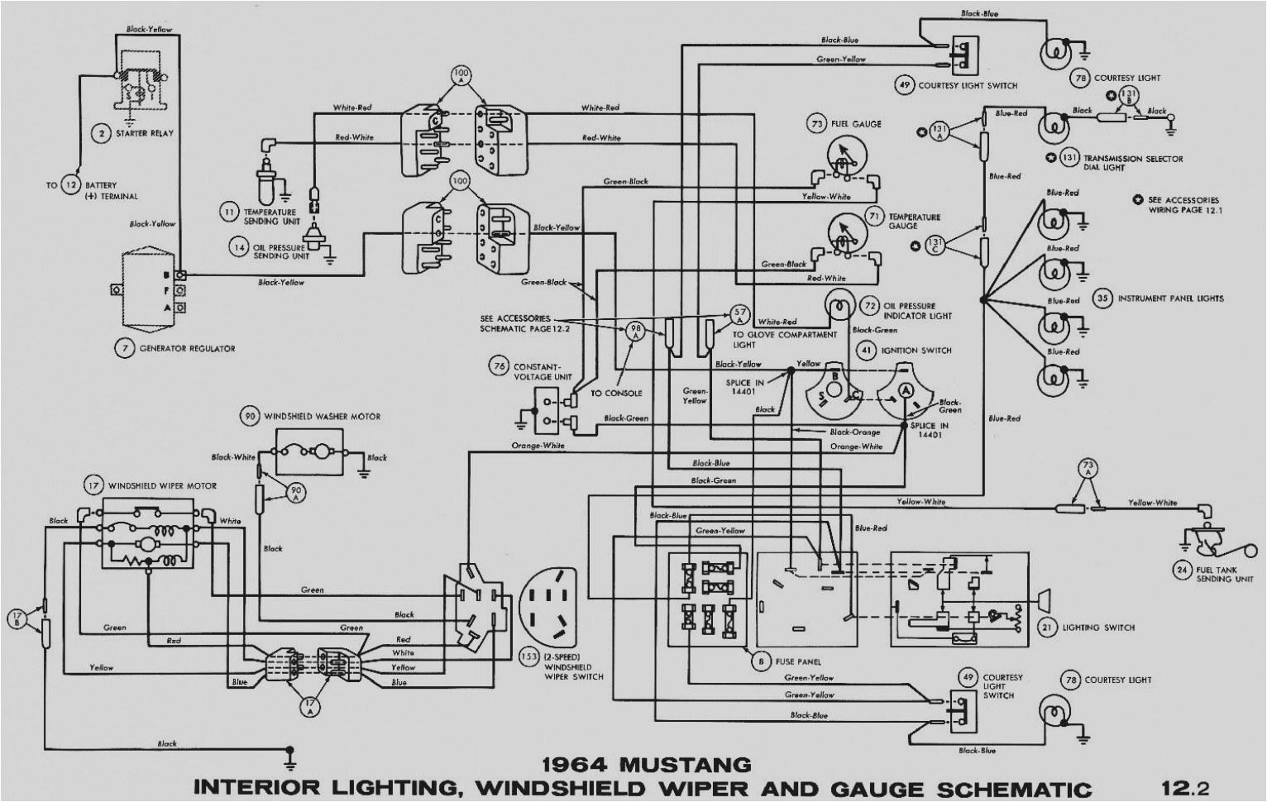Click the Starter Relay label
click(145, 133)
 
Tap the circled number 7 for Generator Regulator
click(124, 348)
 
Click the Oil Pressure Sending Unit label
click(281, 251)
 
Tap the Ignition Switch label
click(916, 351)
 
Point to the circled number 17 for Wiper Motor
click(93, 485)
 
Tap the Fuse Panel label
click(797, 661)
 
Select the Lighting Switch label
click(1098, 628)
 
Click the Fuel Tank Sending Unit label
click(1225, 574)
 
